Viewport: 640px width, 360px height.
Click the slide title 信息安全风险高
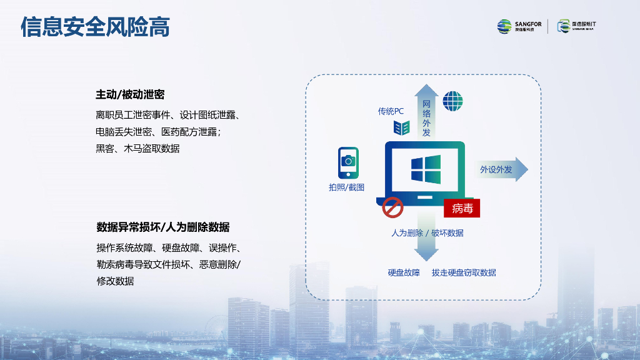click(x=95, y=27)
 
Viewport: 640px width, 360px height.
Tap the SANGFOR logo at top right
click(x=519, y=26)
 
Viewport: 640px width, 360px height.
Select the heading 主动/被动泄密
click(x=130, y=94)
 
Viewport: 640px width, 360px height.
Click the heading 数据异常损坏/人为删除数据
click(x=162, y=226)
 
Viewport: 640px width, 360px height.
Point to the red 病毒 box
click(x=461, y=208)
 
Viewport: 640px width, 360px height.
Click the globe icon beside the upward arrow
click(x=452, y=101)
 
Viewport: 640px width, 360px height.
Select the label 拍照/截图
click(x=346, y=187)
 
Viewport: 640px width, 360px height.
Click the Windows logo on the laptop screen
click(x=426, y=169)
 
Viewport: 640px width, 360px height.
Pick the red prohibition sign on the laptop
click(x=392, y=207)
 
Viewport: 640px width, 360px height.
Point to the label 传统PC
click(x=391, y=111)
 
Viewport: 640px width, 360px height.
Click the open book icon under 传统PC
click(x=401, y=128)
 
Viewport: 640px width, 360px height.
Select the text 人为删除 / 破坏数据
click(x=427, y=232)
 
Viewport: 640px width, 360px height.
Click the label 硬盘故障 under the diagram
click(x=404, y=272)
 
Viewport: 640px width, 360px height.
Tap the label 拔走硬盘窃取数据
click(x=464, y=272)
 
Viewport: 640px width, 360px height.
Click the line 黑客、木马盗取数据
click(x=137, y=148)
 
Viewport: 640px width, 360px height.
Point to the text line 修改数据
click(x=115, y=281)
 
